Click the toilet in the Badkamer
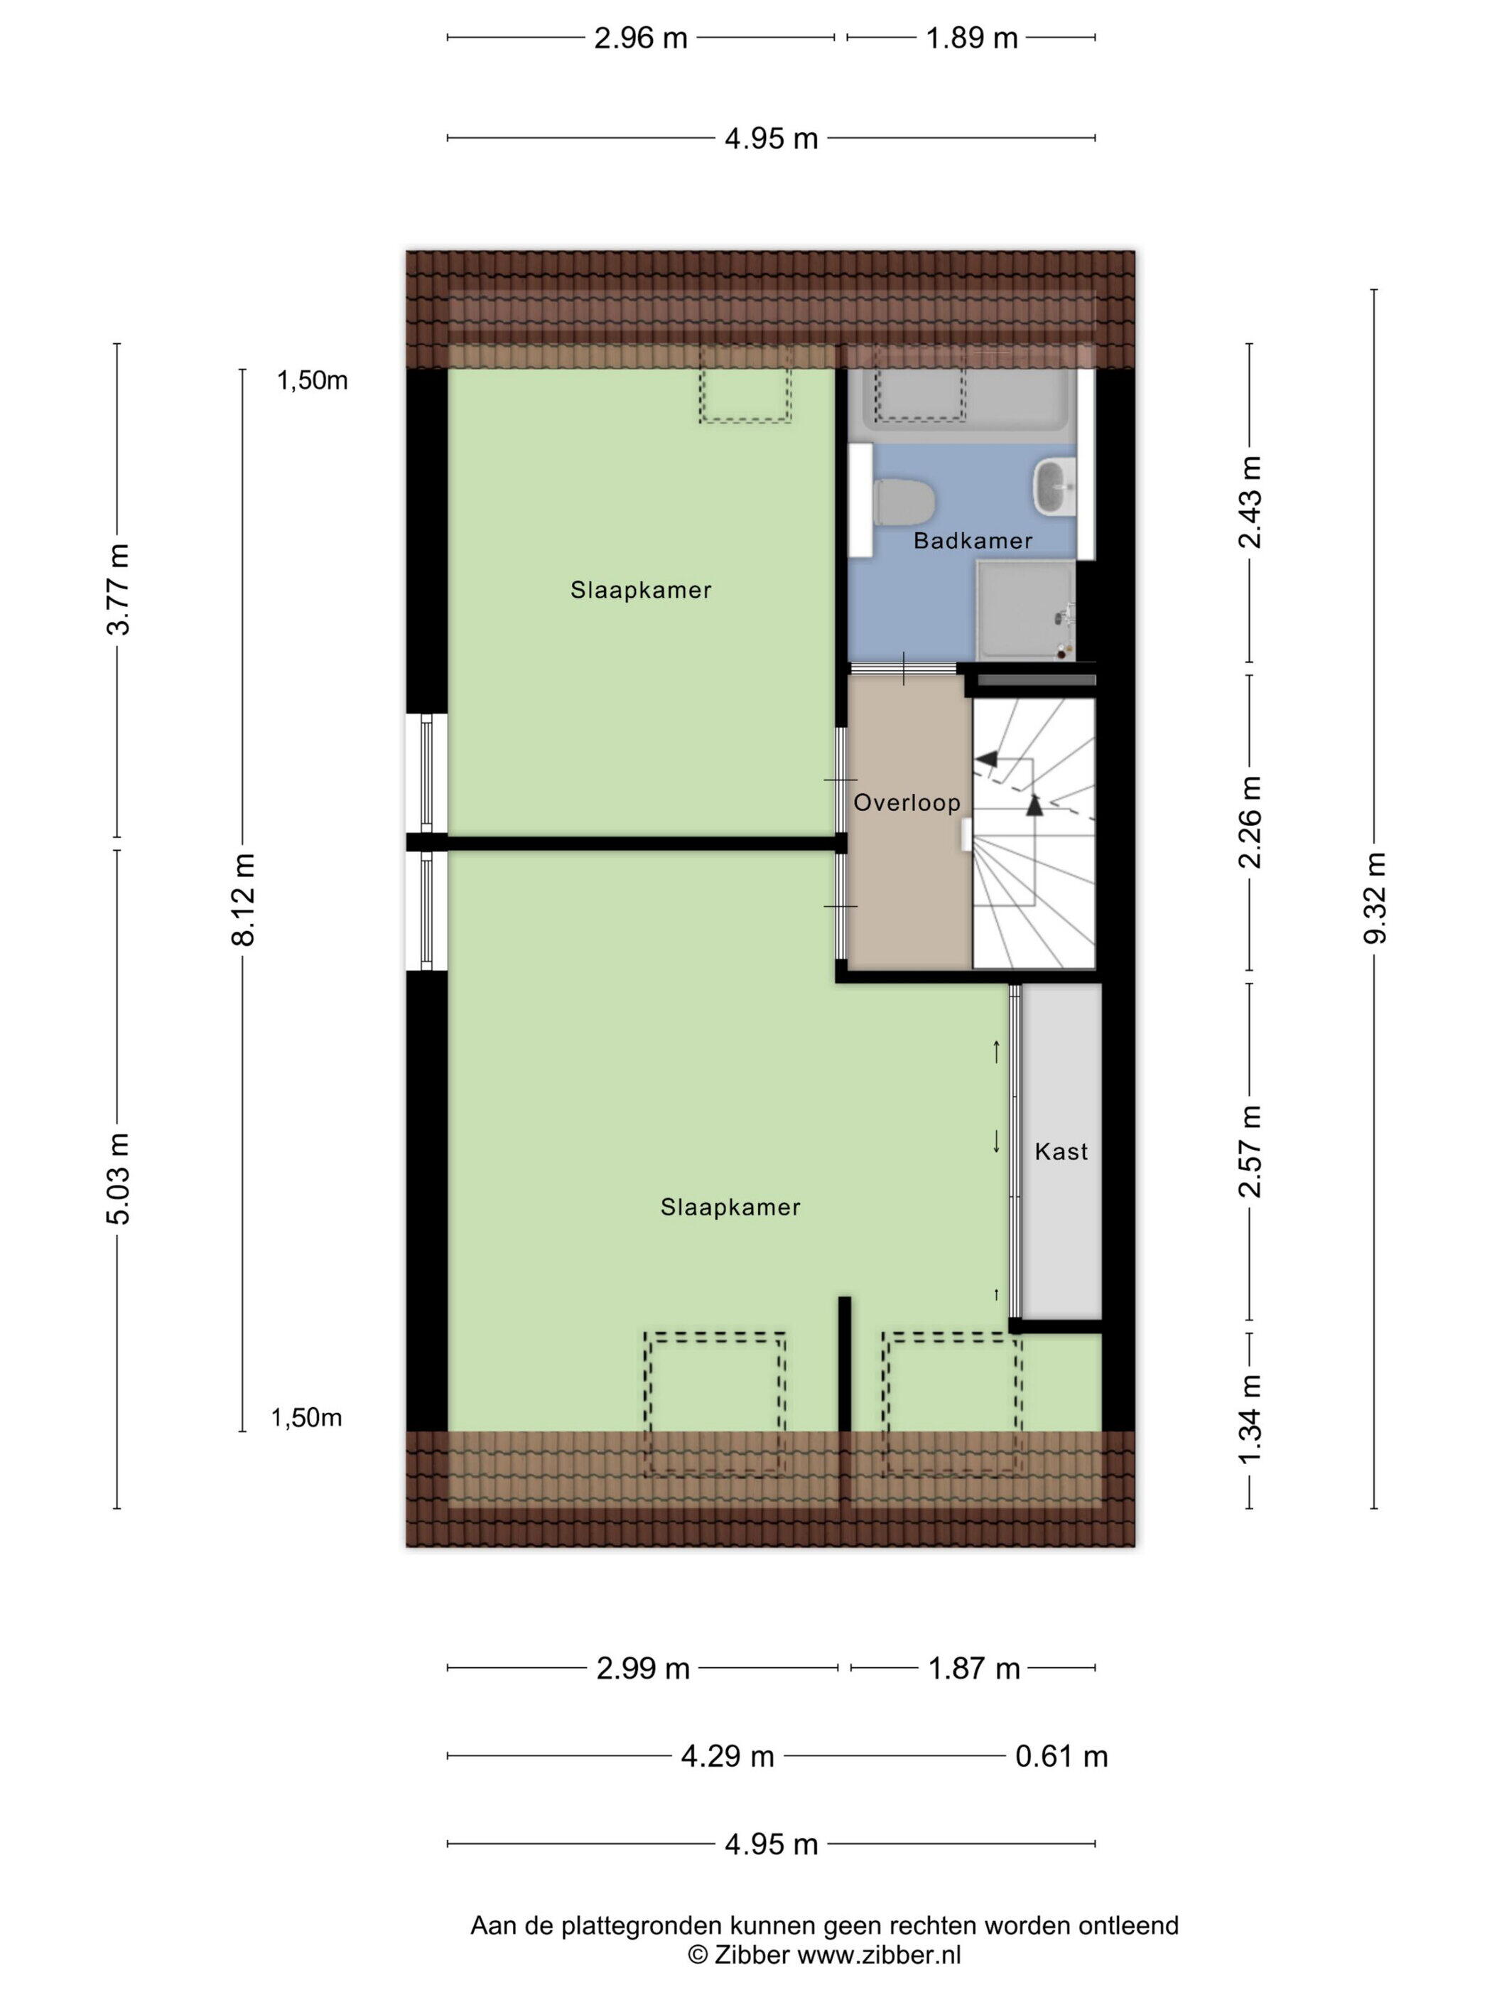[x=904, y=502]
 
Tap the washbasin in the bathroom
[x=1054, y=487]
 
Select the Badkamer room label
[x=972, y=541]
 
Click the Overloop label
[x=907, y=802]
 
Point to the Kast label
[x=1061, y=1151]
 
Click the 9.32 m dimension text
[x=1374, y=898]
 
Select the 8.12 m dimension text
[x=243, y=900]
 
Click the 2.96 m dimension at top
[x=640, y=38]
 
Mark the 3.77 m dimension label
[x=118, y=589]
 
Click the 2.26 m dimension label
[x=1250, y=822]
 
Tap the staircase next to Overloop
[x=1034, y=833]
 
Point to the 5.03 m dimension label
[x=118, y=1178]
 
